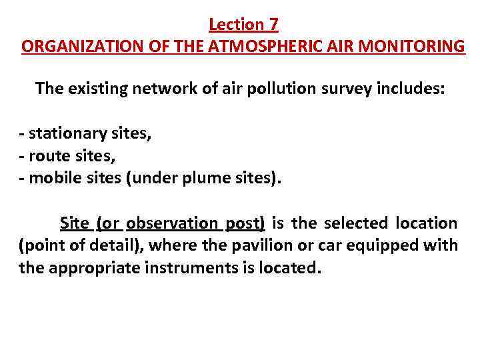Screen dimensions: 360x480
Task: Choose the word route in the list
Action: pyautogui.click(x=46, y=156)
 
